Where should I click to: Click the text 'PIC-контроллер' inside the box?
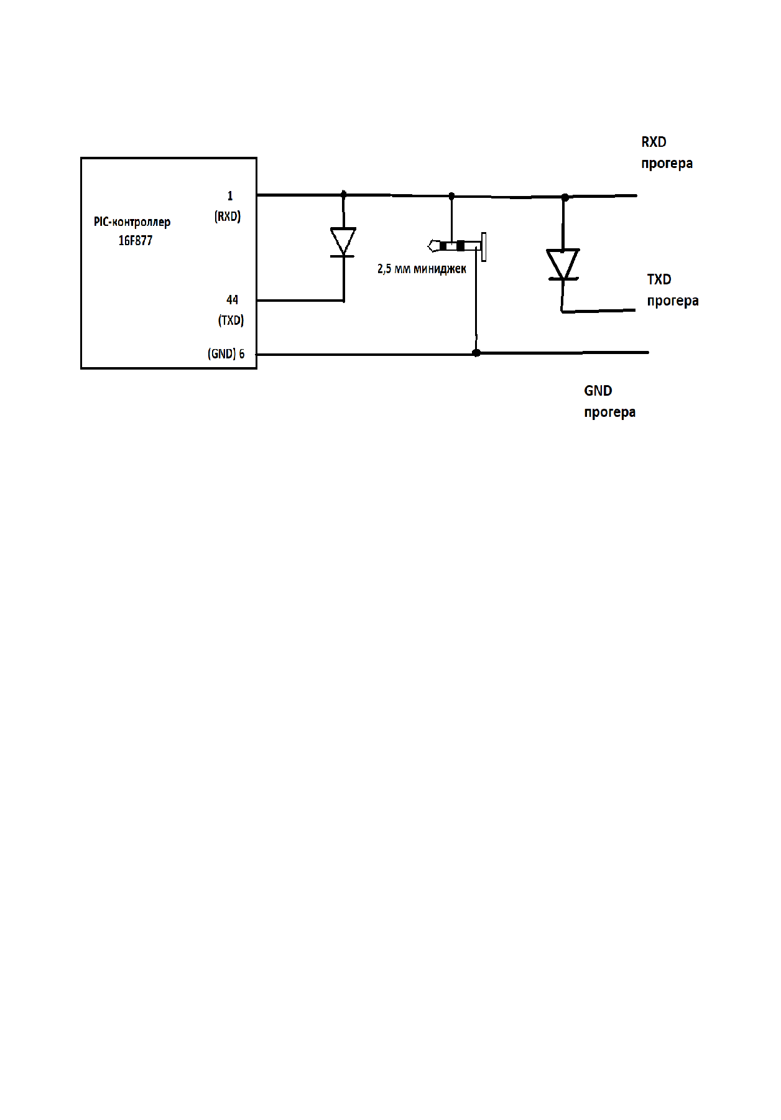tap(132, 222)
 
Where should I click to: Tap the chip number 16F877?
tap(136, 241)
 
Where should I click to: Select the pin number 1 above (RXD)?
tap(230, 196)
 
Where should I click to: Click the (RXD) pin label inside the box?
tap(228, 217)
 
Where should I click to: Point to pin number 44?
tap(232, 300)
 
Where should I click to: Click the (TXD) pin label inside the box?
tap(231, 320)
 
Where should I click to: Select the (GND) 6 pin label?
tap(226, 354)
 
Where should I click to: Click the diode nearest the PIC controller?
tap(343, 241)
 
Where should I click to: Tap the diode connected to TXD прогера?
tap(563, 264)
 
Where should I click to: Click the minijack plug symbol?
tap(457, 246)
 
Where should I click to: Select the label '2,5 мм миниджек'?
tap(422, 269)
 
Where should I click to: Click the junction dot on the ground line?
tap(476, 353)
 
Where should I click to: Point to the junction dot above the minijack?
tap(451, 196)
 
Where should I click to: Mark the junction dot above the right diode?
tap(565, 197)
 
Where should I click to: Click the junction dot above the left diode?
tap(344, 195)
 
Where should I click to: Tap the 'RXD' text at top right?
tap(654, 142)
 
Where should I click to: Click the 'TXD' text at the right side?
tap(659, 279)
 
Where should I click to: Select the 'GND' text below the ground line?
tap(598, 391)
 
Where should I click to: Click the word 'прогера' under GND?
tap(609, 412)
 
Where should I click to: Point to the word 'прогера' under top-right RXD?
tap(667, 163)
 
